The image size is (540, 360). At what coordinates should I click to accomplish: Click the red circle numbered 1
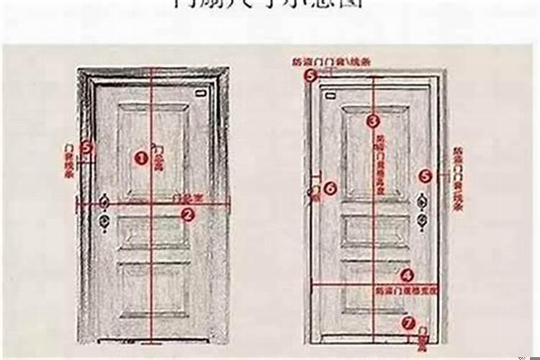click(x=141, y=158)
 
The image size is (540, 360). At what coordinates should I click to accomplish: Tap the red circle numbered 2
click(x=187, y=214)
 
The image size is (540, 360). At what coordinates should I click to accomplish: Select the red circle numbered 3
click(x=372, y=121)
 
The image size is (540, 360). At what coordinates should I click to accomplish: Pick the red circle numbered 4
click(x=407, y=274)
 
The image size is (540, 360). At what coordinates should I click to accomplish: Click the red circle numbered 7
click(x=408, y=323)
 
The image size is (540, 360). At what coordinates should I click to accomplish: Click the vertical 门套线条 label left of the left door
click(x=70, y=160)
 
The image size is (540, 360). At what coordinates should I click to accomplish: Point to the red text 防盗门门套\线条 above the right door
click(x=328, y=63)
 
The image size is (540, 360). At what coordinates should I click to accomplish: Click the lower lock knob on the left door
click(x=105, y=222)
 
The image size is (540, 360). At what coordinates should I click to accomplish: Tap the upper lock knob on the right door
click(x=422, y=202)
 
